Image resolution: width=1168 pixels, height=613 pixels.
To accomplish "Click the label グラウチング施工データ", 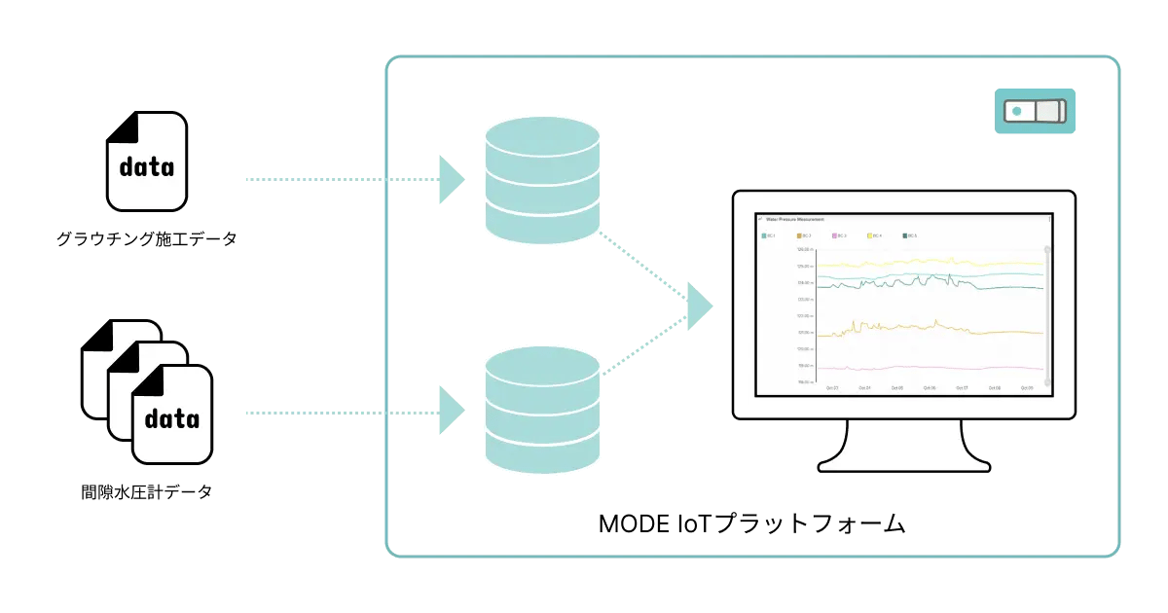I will click(146, 238).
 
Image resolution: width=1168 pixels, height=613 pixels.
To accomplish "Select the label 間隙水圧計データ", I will click(146, 492).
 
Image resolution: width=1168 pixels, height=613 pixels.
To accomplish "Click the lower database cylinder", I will click(542, 410).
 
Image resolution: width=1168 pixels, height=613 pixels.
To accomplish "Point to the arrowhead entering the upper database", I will click(452, 180).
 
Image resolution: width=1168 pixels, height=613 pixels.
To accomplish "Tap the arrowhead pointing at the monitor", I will click(700, 306).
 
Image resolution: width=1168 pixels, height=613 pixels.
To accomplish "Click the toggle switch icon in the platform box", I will click(1036, 111).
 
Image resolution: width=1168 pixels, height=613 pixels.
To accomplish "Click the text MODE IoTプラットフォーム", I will click(751, 524).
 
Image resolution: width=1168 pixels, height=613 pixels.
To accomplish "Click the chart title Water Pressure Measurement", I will click(796, 220).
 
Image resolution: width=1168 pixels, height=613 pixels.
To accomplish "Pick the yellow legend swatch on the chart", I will click(870, 235).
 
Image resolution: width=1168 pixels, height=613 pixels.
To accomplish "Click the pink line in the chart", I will click(925, 368).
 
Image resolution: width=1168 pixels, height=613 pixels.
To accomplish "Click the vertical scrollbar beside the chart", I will click(1046, 302).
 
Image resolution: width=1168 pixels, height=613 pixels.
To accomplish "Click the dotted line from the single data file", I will click(341, 180).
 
